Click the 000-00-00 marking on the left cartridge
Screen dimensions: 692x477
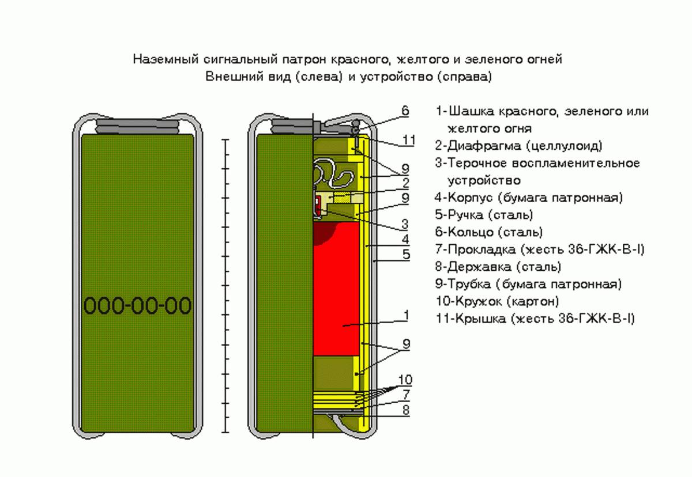click(x=137, y=305)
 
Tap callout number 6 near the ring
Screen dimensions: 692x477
click(x=405, y=111)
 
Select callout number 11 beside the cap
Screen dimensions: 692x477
click(x=408, y=141)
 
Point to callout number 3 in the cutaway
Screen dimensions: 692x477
click(x=405, y=224)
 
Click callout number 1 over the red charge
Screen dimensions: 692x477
click(x=406, y=315)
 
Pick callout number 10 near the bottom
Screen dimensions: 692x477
click(x=405, y=380)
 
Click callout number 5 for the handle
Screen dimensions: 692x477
click(x=406, y=255)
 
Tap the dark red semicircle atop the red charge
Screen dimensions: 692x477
click(x=324, y=233)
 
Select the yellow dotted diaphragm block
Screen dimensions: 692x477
click(x=343, y=197)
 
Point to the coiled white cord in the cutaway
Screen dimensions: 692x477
click(x=332, y=175)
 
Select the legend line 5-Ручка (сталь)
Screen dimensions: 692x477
click(x=484, y=215)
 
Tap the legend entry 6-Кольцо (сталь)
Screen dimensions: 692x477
click(x=489, y=232)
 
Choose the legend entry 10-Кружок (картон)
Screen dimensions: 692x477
click(x=497, y=301)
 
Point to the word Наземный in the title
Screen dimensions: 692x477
click(x=166, y=59)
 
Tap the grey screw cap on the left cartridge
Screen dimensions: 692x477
click(x=137, y=126)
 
